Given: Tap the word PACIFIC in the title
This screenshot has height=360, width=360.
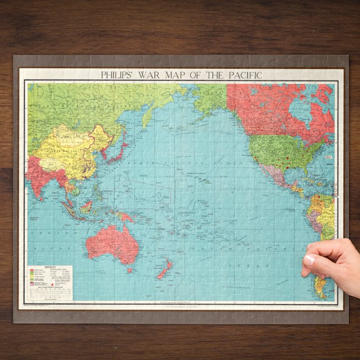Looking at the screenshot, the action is tap(238, 74).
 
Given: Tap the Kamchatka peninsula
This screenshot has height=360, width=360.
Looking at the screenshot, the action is tap(150, 115).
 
